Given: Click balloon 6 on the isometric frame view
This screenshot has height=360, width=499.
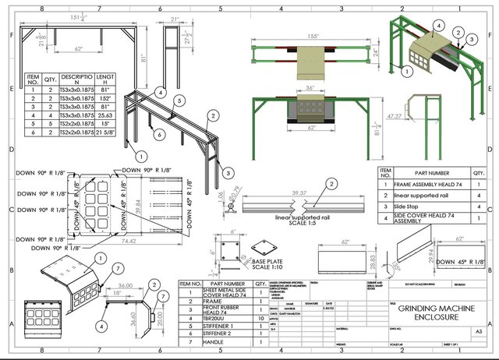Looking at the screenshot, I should [x=158, y=134].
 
